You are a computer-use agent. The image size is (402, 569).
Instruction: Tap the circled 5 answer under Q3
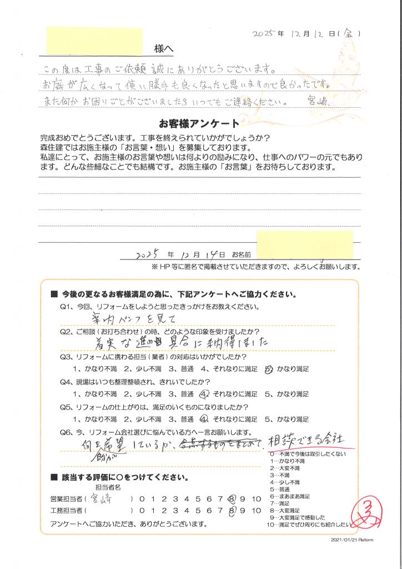(269, 368)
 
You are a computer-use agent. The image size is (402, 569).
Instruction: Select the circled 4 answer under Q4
(203, 395)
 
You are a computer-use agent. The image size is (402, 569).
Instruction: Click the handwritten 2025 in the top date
(264, 33)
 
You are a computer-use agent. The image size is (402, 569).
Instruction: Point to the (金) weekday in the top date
(350, 33)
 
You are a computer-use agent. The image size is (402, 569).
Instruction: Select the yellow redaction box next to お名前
(305, 245)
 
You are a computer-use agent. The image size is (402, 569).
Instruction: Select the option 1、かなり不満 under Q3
(94, 368)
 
